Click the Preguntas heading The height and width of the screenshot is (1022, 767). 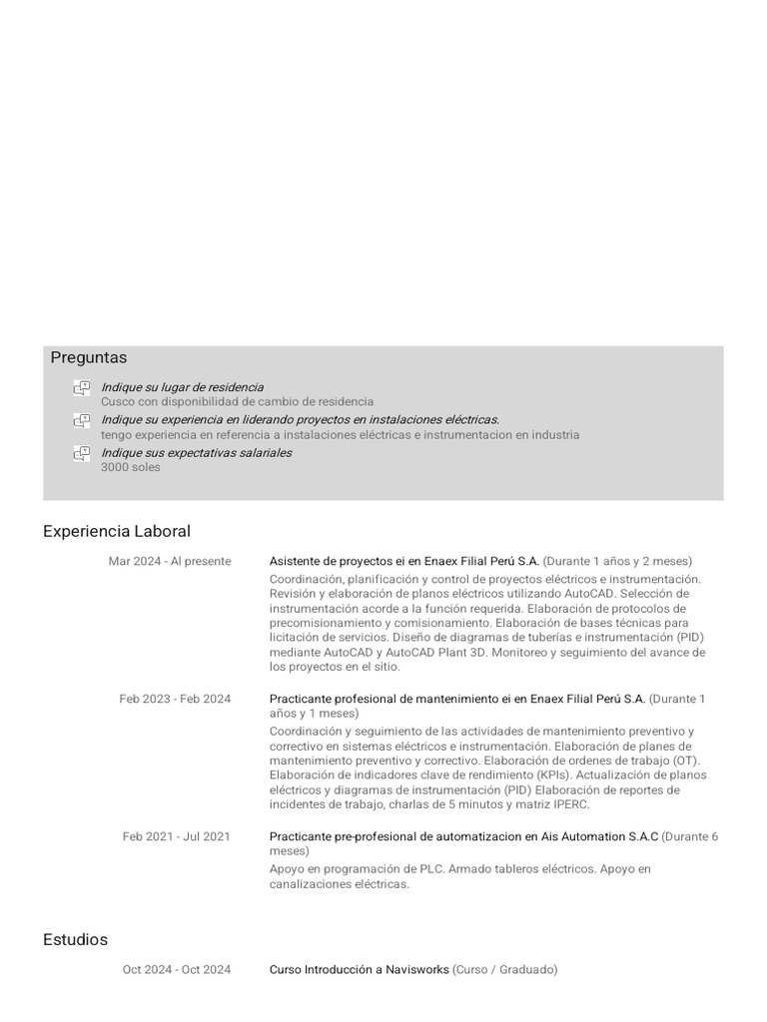pyautogui.click(x=89, y=357)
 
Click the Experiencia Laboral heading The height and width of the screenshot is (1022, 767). pyautogui.click(x=117, y=531)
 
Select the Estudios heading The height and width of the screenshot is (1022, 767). pyautogui.click(x=75, y=939)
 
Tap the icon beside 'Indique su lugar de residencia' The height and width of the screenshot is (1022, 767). pyautogui.click(x=82, y=388)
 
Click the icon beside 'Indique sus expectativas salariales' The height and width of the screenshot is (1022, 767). pyautogui.click(x=82, y=454)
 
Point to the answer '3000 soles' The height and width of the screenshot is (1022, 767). pyautogui.click(x=130, y=467)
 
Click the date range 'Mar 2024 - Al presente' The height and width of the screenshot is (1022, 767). pyautogui.click(x=170, y=561)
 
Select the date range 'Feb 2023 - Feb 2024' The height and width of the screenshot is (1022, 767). pyautogui.click(x=175, y=699)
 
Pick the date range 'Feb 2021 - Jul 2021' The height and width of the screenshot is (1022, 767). pyautogui.click(x=176, y=836)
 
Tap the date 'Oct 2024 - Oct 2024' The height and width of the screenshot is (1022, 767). pyautogui.click(x=177, y=969)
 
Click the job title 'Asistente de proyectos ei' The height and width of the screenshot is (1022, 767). pyautogui.click(x=340, y=561)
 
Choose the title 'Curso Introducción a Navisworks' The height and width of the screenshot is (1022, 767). pyautogui.click(x=360, y=969)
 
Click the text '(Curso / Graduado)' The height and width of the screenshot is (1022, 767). pyautogui.click(x=505, y=969)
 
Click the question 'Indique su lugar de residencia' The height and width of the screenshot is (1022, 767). pyautogui.click(x=182, y=387)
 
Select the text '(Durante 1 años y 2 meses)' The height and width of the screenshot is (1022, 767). pyautogui.click(x=617, y=561)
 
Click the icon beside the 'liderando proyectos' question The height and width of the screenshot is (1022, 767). pyautogui.click(x=82, y=421)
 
